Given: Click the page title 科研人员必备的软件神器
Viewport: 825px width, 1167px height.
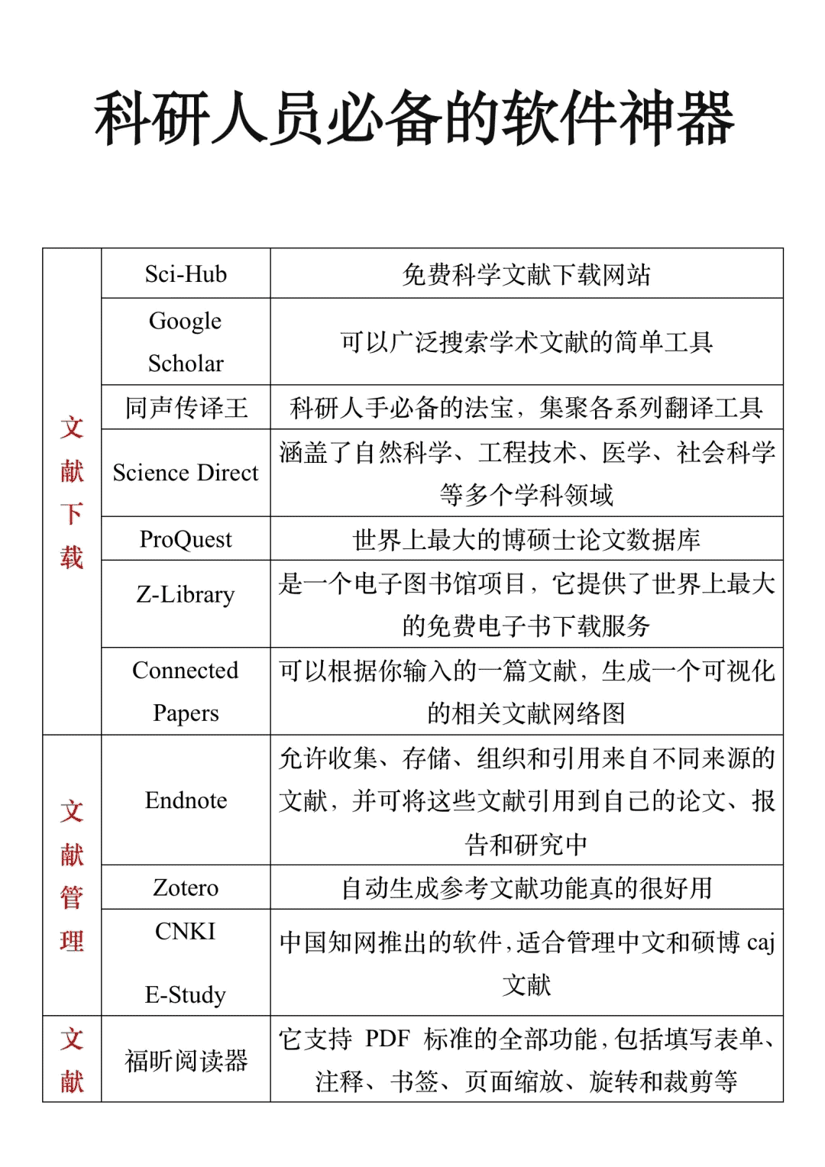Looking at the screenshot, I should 413,118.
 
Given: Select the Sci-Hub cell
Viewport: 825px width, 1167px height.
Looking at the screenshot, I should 186,273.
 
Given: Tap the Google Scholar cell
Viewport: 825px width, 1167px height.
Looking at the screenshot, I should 186,341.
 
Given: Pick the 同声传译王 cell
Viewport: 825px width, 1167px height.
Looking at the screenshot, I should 186,407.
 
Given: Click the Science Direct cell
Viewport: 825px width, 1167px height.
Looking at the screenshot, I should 186,473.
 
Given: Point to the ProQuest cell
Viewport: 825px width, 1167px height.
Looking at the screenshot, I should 186,539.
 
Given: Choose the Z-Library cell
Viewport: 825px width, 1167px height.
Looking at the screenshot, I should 186,594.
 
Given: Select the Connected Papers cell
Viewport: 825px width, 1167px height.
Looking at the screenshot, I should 186,691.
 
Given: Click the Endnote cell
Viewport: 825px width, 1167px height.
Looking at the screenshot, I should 186,800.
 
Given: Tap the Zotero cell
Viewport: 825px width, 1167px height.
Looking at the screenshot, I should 186,887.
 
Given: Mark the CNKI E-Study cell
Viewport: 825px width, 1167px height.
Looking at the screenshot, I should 186,962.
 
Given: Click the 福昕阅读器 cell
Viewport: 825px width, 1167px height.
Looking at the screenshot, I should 186,1060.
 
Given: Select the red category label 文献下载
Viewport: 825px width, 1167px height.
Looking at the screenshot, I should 72,492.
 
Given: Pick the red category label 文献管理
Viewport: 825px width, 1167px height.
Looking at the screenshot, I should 72,875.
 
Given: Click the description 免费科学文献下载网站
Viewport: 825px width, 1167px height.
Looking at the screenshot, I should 526,274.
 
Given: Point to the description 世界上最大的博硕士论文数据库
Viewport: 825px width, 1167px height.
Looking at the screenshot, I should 526,539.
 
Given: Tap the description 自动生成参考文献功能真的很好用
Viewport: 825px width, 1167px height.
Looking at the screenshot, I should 526,887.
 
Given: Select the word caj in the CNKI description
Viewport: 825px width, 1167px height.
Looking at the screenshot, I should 761,942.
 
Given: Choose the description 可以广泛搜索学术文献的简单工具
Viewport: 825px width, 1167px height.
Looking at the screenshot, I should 526,341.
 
